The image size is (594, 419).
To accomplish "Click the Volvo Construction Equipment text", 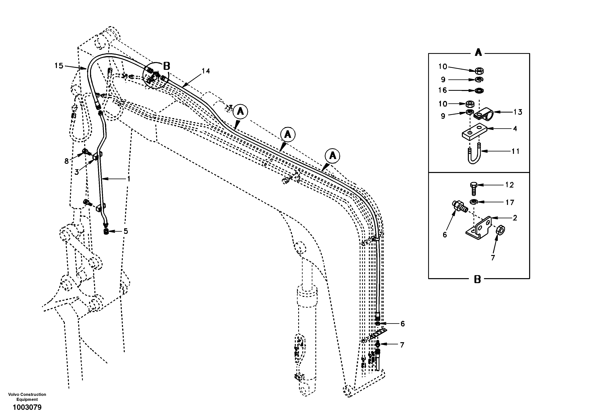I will click(27, 397).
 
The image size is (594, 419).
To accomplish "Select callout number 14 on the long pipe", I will click(206, 71).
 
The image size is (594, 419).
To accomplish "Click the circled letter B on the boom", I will click(167, 66).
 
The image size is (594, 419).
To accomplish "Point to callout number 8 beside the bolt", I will click(66, 161).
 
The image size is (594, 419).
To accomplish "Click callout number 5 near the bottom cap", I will click(126, 231).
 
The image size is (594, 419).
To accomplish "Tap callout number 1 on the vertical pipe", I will click(128, 179).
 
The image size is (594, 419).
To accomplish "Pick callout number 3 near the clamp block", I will click(77, 172).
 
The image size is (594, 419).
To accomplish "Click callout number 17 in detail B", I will click(510, 202).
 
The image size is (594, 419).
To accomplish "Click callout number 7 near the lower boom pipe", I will click(402, 345).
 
